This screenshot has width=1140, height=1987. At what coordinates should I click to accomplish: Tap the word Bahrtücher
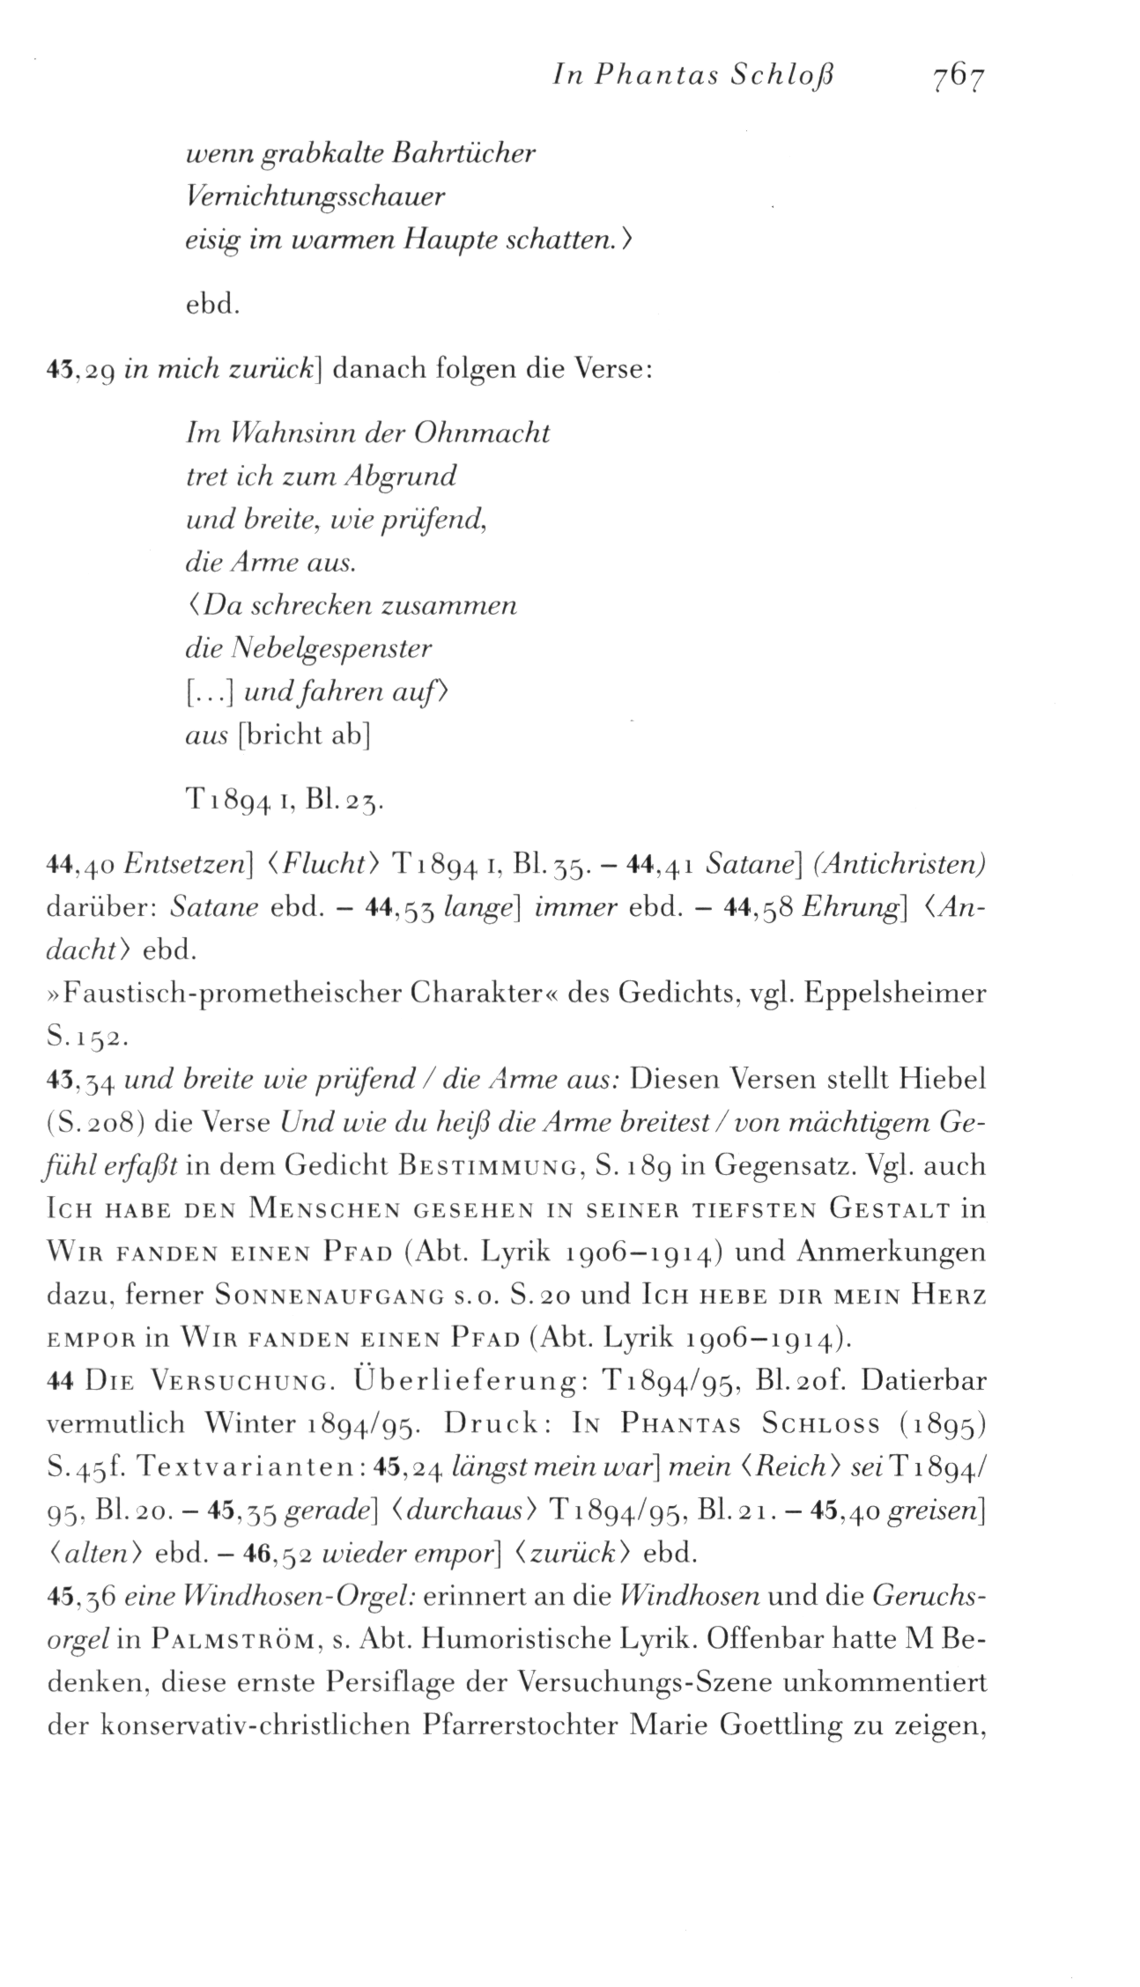pos(463,153)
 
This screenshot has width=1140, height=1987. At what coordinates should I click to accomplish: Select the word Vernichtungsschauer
pos(314,196)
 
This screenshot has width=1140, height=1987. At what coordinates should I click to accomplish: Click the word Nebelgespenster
pos(331,650)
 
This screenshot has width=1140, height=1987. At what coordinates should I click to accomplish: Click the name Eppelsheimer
pos(896,994)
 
